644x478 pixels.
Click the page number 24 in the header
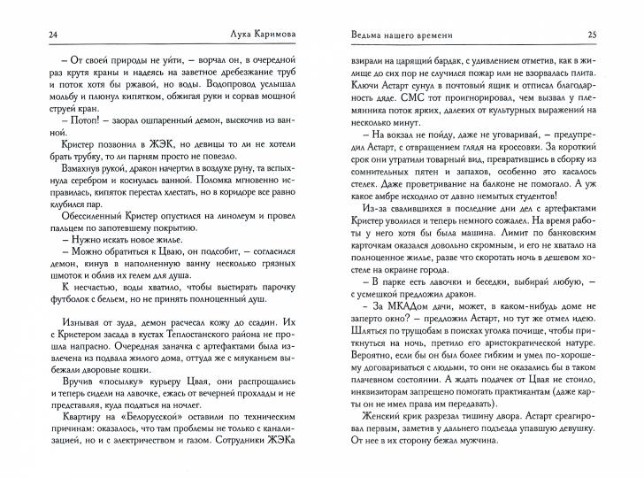click(x=30, y=35)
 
